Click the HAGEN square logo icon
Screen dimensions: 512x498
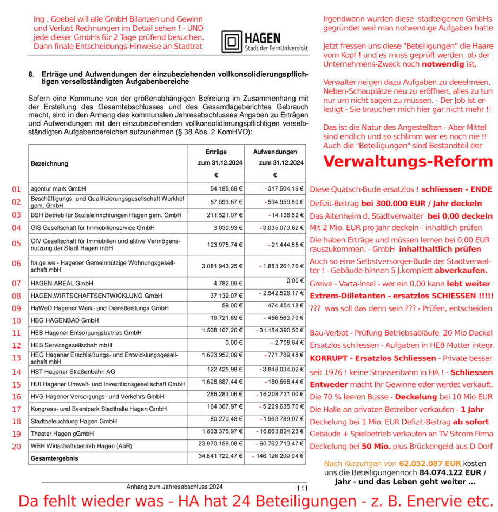(231, 41)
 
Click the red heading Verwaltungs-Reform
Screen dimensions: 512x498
(408, 161)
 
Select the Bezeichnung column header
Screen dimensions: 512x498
(50, 163)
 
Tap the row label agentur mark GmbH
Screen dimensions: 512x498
(58, 189)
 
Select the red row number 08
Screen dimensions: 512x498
(16, 296)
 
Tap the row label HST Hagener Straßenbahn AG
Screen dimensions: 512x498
(73, 372)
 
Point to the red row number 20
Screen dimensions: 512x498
(16, 447)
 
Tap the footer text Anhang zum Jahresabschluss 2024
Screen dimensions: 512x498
(174, 487)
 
